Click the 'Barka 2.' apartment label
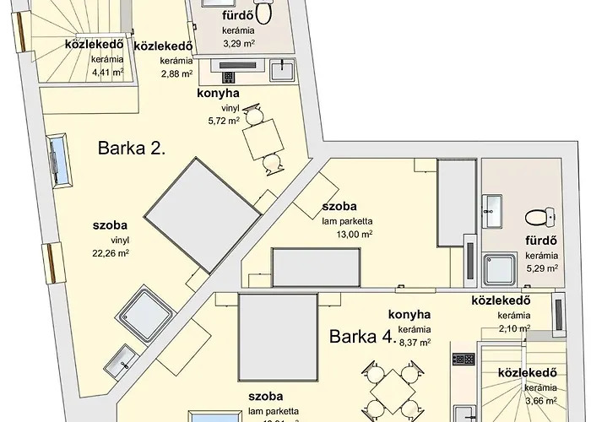click(x=131, y=149)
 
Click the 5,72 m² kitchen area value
click(x=222, y=121)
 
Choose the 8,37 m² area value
click(x=415, y=342)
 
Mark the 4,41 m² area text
click(x=106, y=72)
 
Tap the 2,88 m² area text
click(x=175, y=73)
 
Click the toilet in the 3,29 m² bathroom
click(x=263, y=11)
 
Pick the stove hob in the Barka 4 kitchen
click(x=463, y=359)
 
